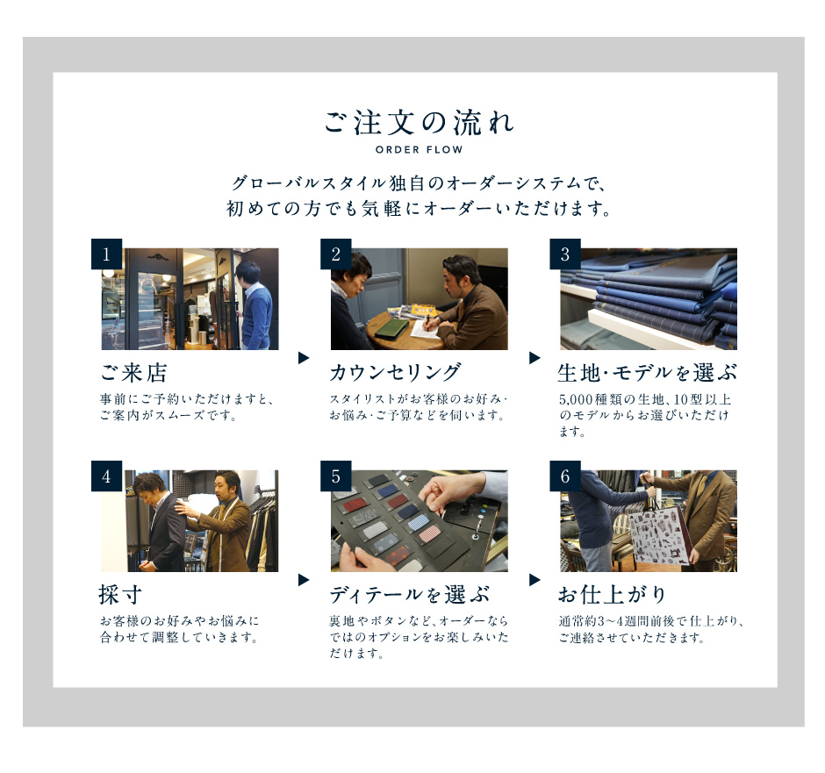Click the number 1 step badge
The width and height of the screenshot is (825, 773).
tap(106, 254)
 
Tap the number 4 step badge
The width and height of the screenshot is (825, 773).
tap(106, 476)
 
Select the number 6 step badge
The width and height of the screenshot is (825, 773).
tap(565, 476)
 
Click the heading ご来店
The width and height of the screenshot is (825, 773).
tap(133, 373)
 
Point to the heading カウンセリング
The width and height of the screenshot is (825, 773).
tap(395, 373)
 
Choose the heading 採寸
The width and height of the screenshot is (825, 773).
tap(120, 595)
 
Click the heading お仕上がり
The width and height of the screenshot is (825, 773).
tap(612, 595)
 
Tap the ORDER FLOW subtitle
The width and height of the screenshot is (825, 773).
tap(419, 150)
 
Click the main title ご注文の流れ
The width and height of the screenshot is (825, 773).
tap(419, 123)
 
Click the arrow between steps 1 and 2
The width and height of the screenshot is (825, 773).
tap(304, 358)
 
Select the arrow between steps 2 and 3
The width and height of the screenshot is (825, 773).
tap(534, 358)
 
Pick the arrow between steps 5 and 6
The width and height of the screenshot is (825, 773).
tap(534, 580)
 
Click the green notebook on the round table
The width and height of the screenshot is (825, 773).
tap(391, 329)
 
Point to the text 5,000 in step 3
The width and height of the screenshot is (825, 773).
tap(576, 399)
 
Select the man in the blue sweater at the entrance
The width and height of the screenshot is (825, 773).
tap(255, 305)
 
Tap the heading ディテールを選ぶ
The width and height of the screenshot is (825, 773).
tap(409, 595)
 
